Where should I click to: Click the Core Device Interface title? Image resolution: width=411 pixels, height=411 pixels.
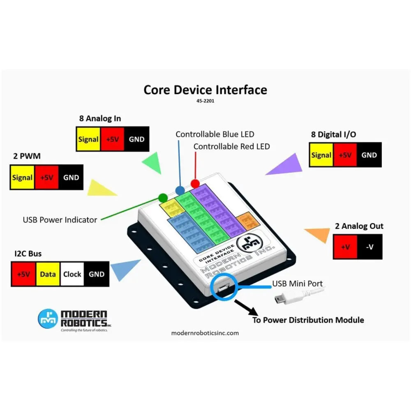(x=205, y=90)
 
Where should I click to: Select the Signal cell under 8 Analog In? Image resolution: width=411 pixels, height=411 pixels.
(x=88, y=139)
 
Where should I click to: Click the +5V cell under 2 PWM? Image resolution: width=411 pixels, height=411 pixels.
(x=47, y=178)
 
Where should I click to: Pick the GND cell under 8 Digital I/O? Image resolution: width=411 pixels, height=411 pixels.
(x=369, y=155)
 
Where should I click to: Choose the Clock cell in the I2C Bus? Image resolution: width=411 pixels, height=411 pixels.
(x=72, y=274)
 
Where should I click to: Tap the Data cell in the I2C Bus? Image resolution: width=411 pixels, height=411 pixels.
(x=48, y=274)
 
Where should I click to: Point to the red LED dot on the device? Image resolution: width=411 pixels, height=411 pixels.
(x=195, y=183)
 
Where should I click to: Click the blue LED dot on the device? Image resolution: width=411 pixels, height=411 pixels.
(x=180, y=190)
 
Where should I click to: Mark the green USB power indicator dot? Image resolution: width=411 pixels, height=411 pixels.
(x=163, y=197)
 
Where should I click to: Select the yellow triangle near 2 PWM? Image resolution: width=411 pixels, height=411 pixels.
(x=100, y=189)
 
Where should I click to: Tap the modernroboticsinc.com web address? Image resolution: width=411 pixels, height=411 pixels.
(x=205, y=333)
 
